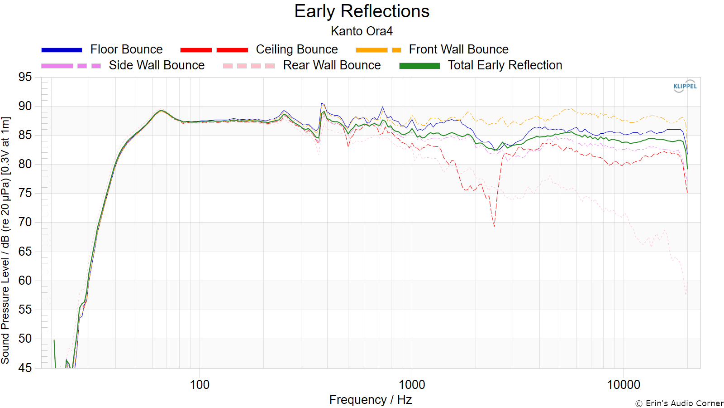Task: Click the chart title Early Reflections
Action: [x=362, y=12]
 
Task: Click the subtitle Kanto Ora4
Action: [x=362, y=31]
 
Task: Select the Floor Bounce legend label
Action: [x=126, y=49]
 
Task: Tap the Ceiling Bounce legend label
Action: [x=297, y=49]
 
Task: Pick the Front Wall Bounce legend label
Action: [x=459, y=49]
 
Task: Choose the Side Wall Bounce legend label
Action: [x=157, y=65]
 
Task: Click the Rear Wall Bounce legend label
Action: [x=332, y=65]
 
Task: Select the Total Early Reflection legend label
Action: [x=505, y=65]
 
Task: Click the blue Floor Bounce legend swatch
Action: [x=62, y=50]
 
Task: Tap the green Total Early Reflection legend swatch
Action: [x=419, y=66]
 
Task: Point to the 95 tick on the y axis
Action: [x=25, y=77]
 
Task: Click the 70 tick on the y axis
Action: [x=25, y=222]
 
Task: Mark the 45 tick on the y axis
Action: [x=25, y=368]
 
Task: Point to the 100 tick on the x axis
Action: [x=200, y=385]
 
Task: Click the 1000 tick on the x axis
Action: [x=411, y=385]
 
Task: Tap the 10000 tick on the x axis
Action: [x=624, y=385]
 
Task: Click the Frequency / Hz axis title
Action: [x=371, y=400]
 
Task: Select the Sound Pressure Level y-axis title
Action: [x=5, y=240]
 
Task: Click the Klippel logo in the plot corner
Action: [x=685, y=86]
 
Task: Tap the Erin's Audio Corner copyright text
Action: [x=679, y=403]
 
